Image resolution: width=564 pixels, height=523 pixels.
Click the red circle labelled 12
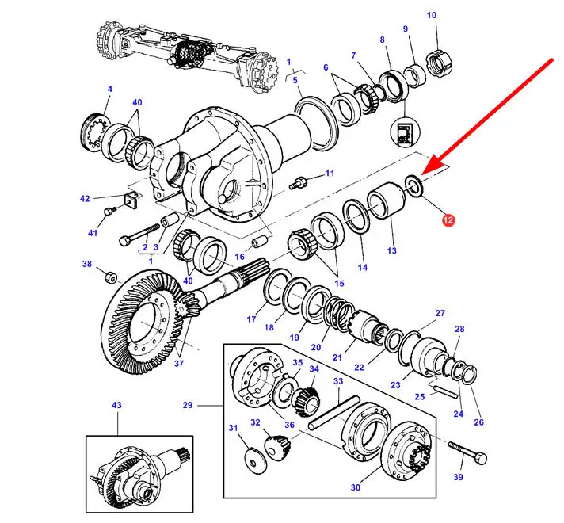tap(448, 220)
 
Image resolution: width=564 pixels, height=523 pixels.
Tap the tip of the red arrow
tap(422, 174)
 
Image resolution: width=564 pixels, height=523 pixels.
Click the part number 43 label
tap(116, 405)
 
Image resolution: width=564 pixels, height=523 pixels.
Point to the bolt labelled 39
tap(468, 452)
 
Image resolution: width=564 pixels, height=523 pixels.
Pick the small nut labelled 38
tap(111, 277)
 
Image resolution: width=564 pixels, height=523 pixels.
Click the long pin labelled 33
tap(333, 412)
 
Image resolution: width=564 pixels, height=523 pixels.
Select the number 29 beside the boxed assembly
tap(188, 405)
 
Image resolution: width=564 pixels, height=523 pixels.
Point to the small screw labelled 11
tap(298, 183)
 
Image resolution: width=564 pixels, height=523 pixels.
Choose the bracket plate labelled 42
tap(131, 199)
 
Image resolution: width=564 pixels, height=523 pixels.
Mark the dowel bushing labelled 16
tap(259, 242)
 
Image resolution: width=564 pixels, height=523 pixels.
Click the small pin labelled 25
tap(445, 391)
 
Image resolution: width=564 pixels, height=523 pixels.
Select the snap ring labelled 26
tap(470, 375)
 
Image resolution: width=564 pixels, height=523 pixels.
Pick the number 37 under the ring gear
tap(179, 364)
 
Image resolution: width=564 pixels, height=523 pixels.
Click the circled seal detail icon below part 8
tap(406, 132)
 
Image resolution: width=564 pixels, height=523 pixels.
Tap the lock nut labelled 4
tap(94, 132)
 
